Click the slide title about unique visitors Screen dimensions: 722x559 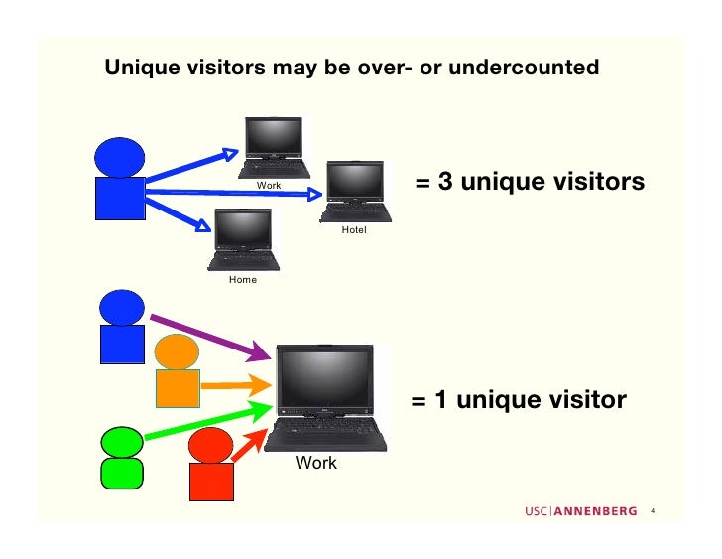(352, 68)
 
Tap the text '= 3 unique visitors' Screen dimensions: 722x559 (530, 183)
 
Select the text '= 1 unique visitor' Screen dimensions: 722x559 (518, 400)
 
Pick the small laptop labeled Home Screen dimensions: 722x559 (243, 239)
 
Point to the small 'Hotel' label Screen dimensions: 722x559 (354, 230)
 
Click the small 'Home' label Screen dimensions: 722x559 (243, 280)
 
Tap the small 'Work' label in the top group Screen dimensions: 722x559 (269, 186)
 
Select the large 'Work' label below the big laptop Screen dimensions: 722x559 (316, 463)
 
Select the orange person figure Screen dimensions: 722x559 (178, 371)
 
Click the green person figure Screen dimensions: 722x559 (121, 456)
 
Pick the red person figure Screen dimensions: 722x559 (211, 466)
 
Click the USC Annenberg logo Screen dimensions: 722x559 (581, 512)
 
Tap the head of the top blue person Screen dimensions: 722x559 (120, 158)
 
